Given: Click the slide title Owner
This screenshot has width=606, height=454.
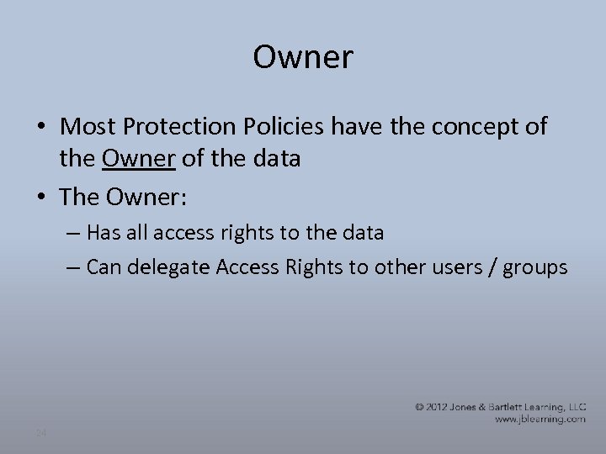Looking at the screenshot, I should click(303, 58).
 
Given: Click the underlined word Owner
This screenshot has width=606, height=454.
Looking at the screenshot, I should click(140, 159).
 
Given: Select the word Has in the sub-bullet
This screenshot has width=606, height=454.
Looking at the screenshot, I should click(103, 233).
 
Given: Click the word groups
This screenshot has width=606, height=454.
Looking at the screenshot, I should click(534, 267).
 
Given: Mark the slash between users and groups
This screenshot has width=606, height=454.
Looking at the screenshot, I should click(491, 267).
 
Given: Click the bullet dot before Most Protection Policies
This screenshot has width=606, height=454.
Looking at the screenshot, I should click(41, 128).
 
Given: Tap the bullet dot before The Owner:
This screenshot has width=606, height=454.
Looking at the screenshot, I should click(41, 198).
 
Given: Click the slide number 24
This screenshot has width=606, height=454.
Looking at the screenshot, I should click(41, 433).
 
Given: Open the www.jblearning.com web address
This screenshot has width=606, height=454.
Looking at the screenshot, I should click(540, 419).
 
